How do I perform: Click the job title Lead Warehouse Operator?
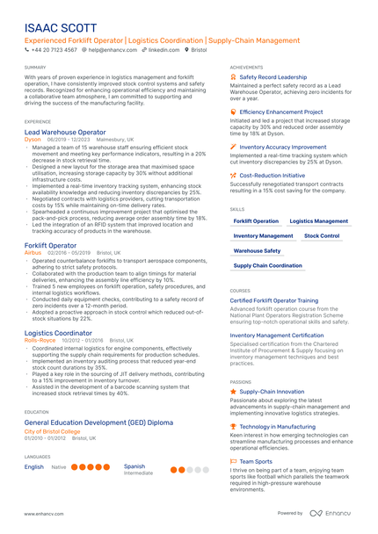(x=65, y=132)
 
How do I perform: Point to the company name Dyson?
(x=33, y=140)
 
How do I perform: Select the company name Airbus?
(x=33, y=252)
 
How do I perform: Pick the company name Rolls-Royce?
(x=40, y=341)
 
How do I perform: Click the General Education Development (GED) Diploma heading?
(x=99, y=423)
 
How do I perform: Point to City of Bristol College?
(x=52, y=432)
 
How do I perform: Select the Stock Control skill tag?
(x=322, y=236)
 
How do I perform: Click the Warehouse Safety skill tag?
(x=258, y=250)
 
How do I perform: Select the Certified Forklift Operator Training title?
(x=274, y=300)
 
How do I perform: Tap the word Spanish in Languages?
(x=134, y=466)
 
